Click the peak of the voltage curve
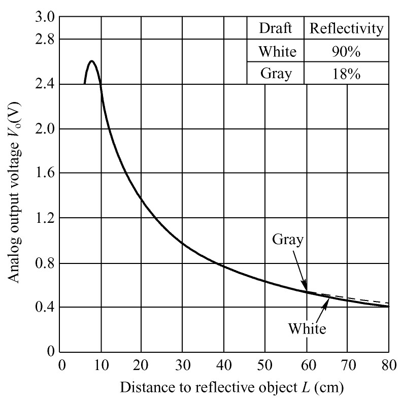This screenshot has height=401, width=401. (x=91, y=61)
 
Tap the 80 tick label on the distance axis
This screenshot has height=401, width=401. (x=388, y=365)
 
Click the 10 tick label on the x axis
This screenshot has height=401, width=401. (x=101, y=365)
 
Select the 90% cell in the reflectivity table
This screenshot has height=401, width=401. (x=346, y=51)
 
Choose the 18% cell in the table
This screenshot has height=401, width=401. (x=346, y=74)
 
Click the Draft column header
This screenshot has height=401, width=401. (x=276, y=28)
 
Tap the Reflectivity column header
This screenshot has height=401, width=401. (x=346, y=28)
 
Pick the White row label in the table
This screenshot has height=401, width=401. (x=276, y=51)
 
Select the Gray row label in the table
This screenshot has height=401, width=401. (x=276, y=74)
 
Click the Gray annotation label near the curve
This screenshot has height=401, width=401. (x=288, y=240)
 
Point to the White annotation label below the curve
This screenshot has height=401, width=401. (x=307, y=329)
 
